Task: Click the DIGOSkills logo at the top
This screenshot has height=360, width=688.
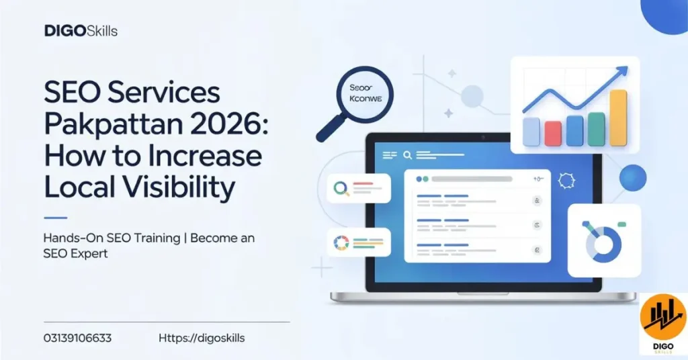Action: coord(81,31)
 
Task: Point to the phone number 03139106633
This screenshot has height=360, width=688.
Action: coord(78,338)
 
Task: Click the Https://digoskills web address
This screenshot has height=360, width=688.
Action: coord(202,338)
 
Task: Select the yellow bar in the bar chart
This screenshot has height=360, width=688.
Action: coord(618,118)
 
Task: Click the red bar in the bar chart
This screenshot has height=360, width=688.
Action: coord(553,132)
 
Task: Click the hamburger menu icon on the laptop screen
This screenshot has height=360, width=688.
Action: coord(390,154)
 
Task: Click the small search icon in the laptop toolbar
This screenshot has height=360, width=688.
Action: coord(406,154)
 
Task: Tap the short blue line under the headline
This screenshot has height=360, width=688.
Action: coord(55,218)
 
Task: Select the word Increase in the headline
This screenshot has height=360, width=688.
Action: coord(207,156)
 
